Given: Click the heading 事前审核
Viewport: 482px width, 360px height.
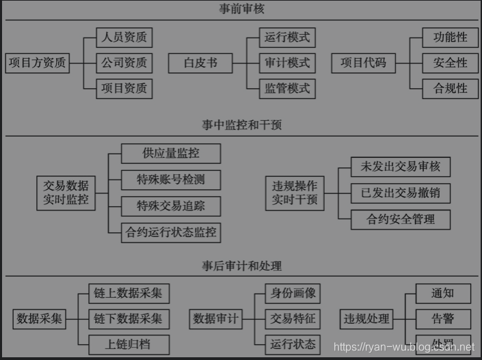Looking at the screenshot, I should pyautogui.click(x=241, y=10).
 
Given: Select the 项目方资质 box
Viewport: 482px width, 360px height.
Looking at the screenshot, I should pyautogui.click(x=38, y=63).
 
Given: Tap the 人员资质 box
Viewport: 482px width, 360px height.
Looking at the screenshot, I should pyautogui.click(x=124, y=37).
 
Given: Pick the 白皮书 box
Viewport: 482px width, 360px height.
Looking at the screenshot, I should pyautogui.click(x=200, y=63).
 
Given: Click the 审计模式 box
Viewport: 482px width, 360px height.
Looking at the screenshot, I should pyautogui.click(x=287, y=63).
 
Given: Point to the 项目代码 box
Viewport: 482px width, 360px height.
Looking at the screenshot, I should pyautogui.click(x=363, y=63).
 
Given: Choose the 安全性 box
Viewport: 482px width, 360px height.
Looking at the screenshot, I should pyautogui.click(x=451, y=63).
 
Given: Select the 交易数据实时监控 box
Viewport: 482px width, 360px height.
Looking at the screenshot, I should pyautogui.click(x=66, y=193).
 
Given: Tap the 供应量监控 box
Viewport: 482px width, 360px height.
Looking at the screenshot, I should pyautogui.click(x=171, y=153).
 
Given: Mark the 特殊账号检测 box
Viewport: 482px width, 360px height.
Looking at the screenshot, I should pyautogui.click(x=171, y=180).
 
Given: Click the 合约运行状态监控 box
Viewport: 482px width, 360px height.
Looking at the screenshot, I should pyautogui.click(x=171, y=232).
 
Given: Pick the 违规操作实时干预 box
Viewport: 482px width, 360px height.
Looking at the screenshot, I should pyautogui.click(x=295, y=193).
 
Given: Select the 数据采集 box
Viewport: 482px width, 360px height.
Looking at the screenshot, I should pyautogui.click(x=40, y=318).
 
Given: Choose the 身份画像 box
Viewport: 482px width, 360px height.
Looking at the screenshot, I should pyautogui.click(x=293, y=294).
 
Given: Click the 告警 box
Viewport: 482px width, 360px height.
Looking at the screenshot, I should pyautogui.click(x=442, y=318).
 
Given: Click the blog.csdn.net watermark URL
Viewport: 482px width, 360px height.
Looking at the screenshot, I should pyautogui.click(x=403, y=348).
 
